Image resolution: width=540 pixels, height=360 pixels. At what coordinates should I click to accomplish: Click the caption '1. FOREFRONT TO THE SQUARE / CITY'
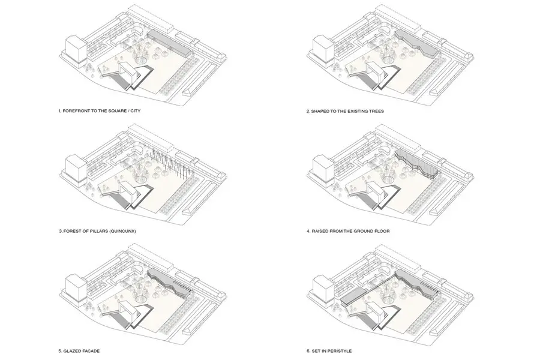100,111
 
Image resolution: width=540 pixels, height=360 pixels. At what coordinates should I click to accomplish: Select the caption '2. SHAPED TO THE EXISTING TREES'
345,111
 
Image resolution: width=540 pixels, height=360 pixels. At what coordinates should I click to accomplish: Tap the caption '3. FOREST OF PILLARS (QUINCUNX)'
97,231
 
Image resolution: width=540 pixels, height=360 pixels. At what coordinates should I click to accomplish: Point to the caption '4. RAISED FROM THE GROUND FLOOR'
348,231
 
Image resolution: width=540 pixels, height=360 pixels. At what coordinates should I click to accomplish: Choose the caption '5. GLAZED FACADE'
79,351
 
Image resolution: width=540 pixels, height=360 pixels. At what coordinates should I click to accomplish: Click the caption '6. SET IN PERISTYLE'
329,351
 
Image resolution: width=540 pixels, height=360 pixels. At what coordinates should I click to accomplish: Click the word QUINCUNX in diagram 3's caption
122,231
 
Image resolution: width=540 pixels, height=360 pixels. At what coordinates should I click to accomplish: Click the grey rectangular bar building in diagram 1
169,43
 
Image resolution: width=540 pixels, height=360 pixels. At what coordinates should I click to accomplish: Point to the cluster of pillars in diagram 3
169,164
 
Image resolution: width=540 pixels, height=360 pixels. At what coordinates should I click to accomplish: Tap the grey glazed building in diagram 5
169,283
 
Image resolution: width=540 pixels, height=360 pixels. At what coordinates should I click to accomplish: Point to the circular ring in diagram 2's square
390,59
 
